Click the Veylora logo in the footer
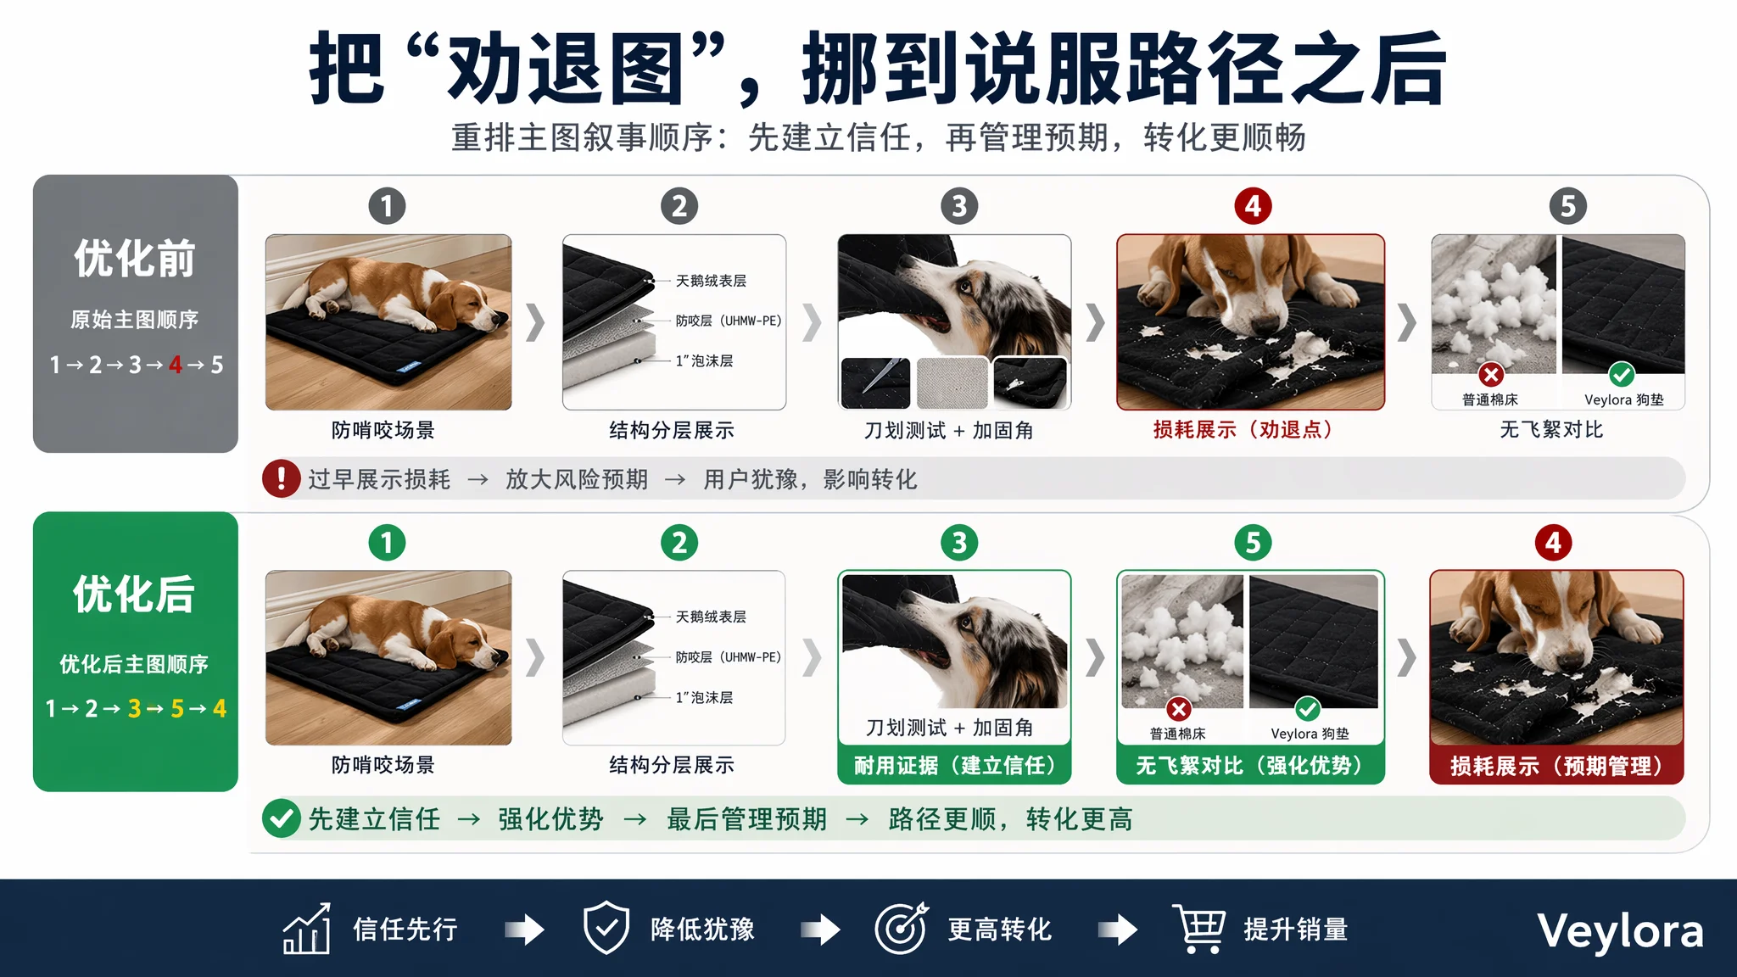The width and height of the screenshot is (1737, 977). click(1620, 931)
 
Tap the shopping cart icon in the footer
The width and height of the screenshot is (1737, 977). click(1199, 929)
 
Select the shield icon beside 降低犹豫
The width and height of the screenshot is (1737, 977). click(606, 929)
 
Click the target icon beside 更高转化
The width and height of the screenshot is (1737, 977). click(902, 929)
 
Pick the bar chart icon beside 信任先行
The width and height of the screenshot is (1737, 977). click(307, 929)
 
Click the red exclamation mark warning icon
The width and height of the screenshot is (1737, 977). click(282, 478)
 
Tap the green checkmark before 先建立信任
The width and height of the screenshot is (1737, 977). click(282, 818)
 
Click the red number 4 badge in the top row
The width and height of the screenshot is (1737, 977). click(1253, 206)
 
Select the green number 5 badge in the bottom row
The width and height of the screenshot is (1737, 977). click(1253, 543)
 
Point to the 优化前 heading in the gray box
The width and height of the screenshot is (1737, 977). click(135, 259)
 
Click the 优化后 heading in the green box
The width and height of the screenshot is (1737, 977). click(134, 594)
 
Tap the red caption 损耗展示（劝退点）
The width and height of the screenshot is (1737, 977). click(1243, 430)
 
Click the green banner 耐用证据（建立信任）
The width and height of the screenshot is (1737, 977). click(955, 765)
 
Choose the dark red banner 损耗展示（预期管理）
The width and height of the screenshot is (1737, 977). click(1556, 765)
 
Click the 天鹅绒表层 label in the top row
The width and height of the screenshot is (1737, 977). click(711, 281)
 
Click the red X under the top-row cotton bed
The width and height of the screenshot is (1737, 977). click(1491, 374)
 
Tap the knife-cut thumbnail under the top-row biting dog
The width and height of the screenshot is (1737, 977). click(875, 382)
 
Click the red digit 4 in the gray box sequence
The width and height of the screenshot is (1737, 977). click(176, 365)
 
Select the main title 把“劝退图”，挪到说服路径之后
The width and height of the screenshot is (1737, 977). click(878, 70)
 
